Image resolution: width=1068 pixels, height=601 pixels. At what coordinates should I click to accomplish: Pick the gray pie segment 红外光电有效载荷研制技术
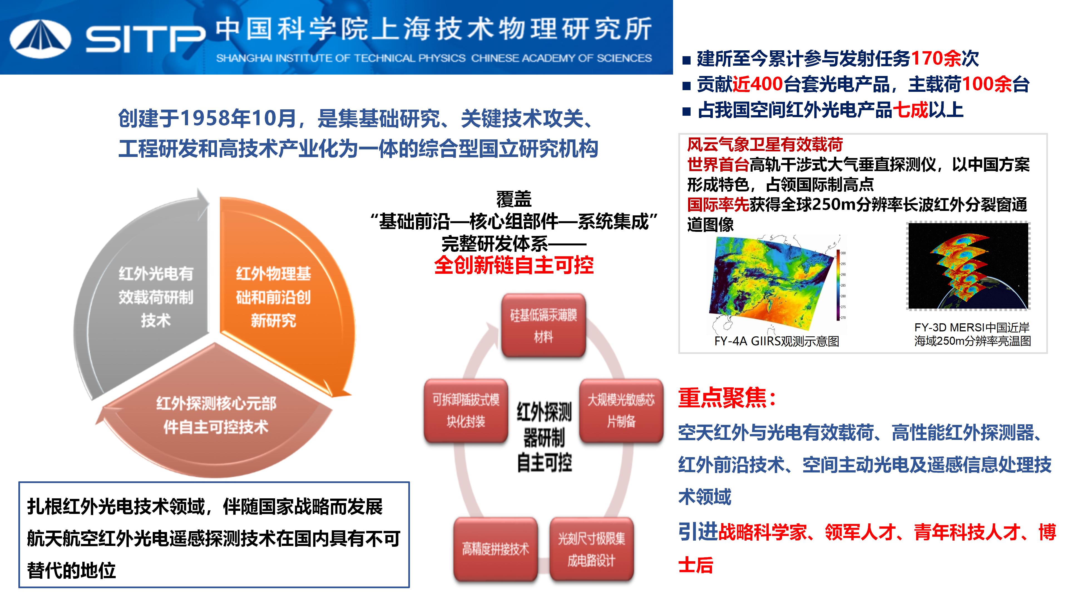click(x=149, y=290)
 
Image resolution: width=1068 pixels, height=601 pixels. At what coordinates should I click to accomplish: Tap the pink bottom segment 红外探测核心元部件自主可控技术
click(x=216, y=419)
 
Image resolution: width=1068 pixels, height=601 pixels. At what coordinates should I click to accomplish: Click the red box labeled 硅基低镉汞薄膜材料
click(x=543, y=326)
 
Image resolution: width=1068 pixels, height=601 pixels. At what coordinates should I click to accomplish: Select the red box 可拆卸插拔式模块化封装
click(x=466, y=411)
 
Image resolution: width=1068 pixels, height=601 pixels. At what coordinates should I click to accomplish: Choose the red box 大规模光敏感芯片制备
click(x=621, y=411)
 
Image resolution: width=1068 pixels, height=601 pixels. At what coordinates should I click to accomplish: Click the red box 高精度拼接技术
click(x=495, y=549)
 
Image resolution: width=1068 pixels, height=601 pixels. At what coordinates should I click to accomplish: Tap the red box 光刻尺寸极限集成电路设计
click(x=592, y=549)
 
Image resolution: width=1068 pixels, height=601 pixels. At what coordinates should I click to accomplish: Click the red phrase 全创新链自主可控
click(x=514, y=265)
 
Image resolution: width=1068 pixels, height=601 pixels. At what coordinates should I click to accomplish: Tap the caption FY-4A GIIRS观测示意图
click(x=777, y=341)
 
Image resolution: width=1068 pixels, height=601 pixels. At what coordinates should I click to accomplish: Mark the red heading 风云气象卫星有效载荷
click(x=765, y=145)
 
